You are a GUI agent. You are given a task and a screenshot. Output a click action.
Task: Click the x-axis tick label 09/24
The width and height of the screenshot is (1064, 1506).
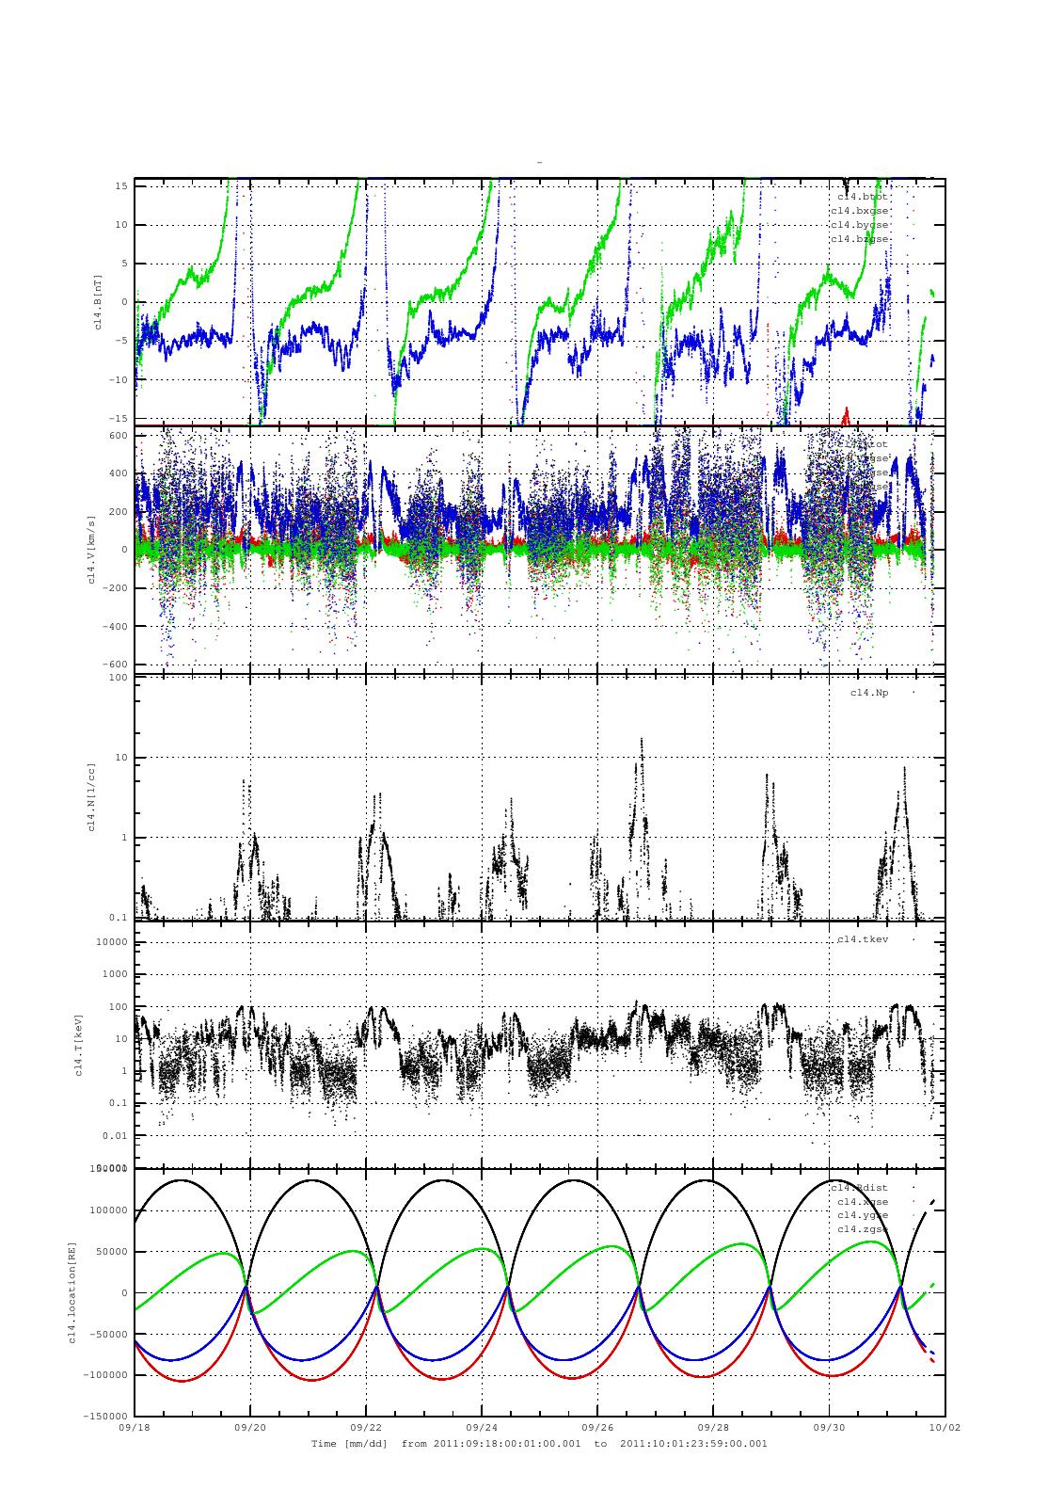click(482, 1427)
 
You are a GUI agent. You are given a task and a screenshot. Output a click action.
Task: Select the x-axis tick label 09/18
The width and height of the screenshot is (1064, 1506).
click(135, 1427)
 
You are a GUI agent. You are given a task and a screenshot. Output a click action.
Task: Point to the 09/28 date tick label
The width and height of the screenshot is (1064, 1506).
click(713, 1427)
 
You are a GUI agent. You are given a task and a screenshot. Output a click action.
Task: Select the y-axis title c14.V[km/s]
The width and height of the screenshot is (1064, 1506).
click(90, 550)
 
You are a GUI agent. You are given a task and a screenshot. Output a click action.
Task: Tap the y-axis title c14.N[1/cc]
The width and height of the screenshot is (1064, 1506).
click(90, 798)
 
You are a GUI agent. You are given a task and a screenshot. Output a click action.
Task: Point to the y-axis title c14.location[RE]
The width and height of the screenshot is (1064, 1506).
click(71, 1291)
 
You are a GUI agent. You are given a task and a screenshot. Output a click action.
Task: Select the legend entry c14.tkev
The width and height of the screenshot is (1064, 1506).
click(863, 939)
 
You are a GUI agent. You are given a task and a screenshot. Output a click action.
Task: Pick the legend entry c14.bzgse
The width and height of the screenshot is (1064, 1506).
click(859, 239)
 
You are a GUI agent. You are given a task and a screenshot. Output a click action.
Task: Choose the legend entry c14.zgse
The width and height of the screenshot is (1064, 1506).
click(863, 1229)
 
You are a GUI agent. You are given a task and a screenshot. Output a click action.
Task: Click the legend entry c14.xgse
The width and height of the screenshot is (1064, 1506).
click(863, 1202)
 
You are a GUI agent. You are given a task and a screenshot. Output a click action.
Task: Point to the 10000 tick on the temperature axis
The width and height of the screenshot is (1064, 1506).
click(111, 942)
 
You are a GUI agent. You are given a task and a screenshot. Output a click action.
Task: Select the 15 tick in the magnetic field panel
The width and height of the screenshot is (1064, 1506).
click(121, 186)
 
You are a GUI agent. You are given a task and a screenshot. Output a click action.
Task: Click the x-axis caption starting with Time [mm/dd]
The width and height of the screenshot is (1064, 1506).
click(539, 1443)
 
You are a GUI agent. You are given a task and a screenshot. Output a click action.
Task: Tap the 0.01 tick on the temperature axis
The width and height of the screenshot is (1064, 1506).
click(115, 1135)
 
